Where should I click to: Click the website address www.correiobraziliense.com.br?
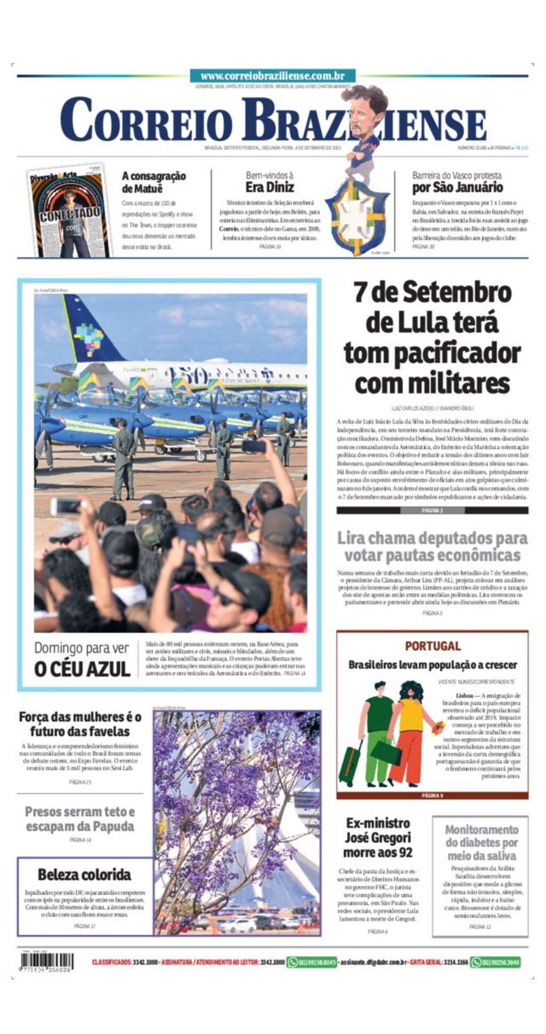pyautogui.click(x=272, y=76)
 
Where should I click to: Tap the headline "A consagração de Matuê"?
pyautogui.click(x=154, y=182)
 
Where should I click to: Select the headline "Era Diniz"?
pyautogui.click(x=269, y=187)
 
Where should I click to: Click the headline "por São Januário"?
pyautogui.click(x=457, y=187)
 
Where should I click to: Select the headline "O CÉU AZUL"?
pyautogui.click(x=82, y=669)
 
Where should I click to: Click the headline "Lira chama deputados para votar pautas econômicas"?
pyautogui.click(x=432, y=546)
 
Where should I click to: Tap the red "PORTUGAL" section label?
pyautogui.click(x=432, y=646)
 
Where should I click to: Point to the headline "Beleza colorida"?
pyautogui.click(x=84, y=874)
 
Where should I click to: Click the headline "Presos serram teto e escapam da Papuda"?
pyautogui.click(x=80, y=819)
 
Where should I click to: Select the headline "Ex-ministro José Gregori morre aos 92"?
pyautogui.click(x=378, y=837)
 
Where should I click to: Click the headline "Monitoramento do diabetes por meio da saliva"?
pyautogui.click(x=481, y=842)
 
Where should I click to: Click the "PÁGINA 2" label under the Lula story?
pyautogui.click(x=432, y=510)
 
